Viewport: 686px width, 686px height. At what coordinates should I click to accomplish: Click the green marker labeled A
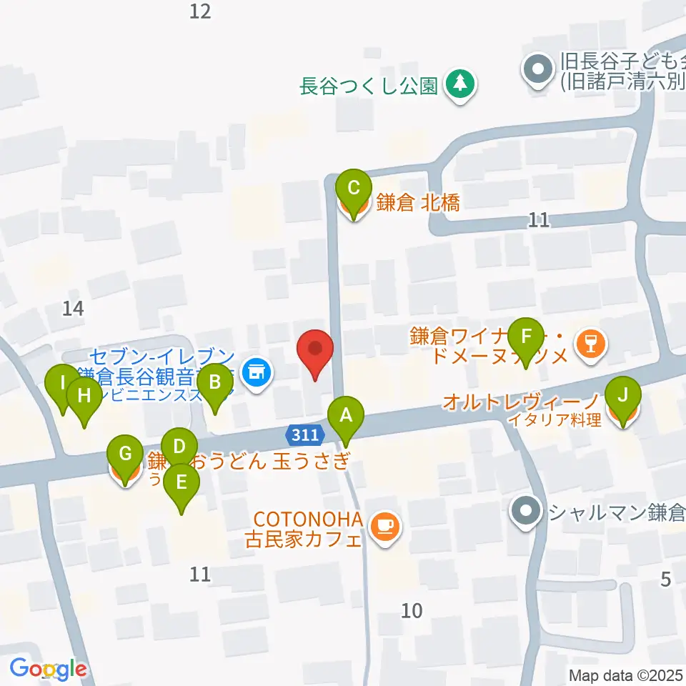[346, 415]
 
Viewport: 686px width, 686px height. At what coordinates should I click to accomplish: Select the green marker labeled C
[353, 189]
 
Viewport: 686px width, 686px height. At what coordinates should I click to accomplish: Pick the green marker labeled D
[179, 448]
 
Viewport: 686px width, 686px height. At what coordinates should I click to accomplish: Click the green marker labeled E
[182, 482]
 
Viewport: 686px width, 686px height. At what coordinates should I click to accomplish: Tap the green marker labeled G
[124, 453]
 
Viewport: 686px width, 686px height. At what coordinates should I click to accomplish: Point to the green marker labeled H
[84, 395]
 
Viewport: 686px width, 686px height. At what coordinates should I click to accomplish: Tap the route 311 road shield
[306, 434]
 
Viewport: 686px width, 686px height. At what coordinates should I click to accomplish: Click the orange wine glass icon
[590, 344]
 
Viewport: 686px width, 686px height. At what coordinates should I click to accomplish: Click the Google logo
[49, 670]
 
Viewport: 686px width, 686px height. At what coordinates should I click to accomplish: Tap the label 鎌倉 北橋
[418, 203]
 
